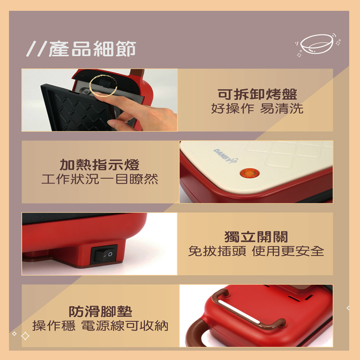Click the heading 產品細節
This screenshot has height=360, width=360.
(x=92, y=49)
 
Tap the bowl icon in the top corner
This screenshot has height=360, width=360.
(x=316, y=44)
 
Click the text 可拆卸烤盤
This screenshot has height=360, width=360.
(x=257, y=94)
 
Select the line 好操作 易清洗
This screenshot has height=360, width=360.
(x=257, y=108)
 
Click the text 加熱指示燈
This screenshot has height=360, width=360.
(x=99, y=165)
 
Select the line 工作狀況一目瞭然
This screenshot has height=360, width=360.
(x=100, y=179)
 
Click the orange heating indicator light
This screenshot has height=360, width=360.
(x=249, y=173)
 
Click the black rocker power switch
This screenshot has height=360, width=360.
(x=104, y=254)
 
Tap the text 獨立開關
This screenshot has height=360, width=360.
(x=256, y=237)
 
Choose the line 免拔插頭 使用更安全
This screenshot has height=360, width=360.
(x=256, y=251)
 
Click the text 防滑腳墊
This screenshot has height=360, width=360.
(x=100, y=311)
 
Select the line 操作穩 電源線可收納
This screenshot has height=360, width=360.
(x=100, y=325)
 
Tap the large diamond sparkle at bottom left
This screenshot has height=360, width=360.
(x=25, y=336)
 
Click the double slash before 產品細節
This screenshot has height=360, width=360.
(x=37, y=49)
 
